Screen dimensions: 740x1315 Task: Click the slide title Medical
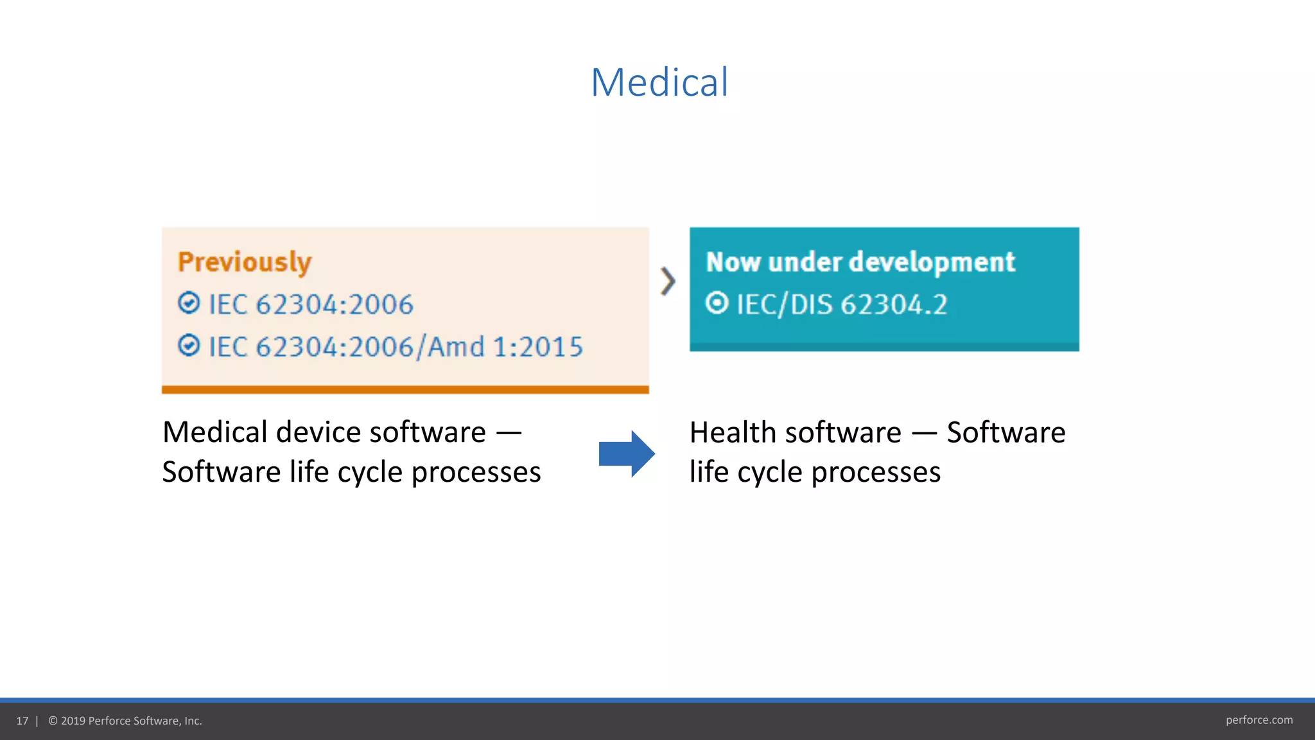point(659,82)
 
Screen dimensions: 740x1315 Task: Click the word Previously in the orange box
point(245,262)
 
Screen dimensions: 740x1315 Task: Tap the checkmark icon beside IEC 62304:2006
point(189,303)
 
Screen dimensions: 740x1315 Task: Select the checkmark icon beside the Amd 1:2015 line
point(189,346)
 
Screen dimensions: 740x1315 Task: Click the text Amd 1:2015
point(505,347)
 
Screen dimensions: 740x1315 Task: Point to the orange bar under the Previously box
point(405,389)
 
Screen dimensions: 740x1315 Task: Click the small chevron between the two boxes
point(668,281)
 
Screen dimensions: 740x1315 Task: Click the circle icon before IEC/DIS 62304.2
point(717,303)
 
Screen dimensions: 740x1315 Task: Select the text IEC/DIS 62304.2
point(842,304)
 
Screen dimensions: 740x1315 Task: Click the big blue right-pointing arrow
point(626,454)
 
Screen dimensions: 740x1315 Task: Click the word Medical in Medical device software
point(214,432)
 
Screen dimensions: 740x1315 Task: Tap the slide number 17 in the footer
point(22,721)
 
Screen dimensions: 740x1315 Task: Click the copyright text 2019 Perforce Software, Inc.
point(131,721)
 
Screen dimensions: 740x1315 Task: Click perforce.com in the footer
point(1258,720)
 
